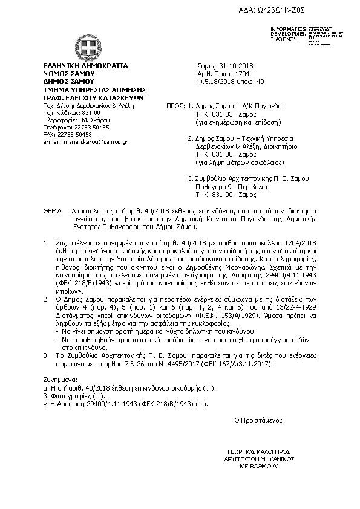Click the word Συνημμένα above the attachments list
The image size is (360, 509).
[x=59, y=376]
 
